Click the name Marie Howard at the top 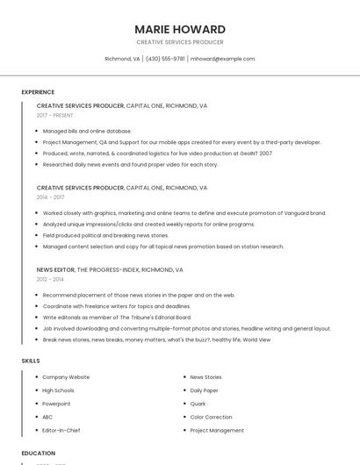click(x=180, y=29)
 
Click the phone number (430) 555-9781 click(x=165, y=59)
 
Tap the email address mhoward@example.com click(x=223, y=59)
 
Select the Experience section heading click(x=38, y=92)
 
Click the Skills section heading click(x=31, y=361)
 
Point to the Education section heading click(x=38, y=454)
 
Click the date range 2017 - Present click(x=55, y=115)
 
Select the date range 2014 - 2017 click(x=50, y=197)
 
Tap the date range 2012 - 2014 click(x=50, y=279)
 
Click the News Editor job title click(x=56, y=270)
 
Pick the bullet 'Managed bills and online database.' click(x=87, y=131)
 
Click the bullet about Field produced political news click(x=105, y=235)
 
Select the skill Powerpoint click(x=56, y=404)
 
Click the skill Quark click(x=198, y=404)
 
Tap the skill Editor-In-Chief click(x=61, y=431)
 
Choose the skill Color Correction click(x=211, y=417)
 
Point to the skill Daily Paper click(x=204, y=390)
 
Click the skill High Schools click(x=58, y=390)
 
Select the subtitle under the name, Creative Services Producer click(x=180, y=42)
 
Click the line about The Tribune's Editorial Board click(x=117, y=317)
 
